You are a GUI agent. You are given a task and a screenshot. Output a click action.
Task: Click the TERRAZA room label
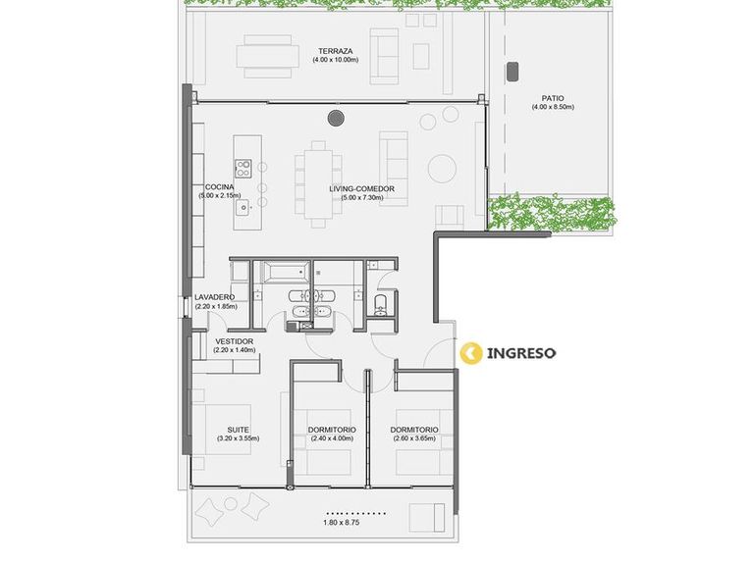335,51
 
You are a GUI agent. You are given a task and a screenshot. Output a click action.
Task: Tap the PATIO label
553,98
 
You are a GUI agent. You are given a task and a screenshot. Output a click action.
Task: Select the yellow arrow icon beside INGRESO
471,353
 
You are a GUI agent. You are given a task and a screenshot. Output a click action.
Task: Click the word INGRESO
521,353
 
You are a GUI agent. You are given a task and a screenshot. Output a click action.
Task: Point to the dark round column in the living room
336,118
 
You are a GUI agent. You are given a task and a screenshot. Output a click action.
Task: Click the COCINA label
219,187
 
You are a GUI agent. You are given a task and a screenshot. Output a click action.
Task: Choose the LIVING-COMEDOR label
361,188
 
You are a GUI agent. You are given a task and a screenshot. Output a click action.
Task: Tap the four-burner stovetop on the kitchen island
243,168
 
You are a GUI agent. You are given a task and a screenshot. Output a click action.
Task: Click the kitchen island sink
242,208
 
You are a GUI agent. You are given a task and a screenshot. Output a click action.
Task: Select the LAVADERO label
214,297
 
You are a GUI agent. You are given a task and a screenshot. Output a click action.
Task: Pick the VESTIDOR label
235,341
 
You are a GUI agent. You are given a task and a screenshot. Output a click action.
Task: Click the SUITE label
238,430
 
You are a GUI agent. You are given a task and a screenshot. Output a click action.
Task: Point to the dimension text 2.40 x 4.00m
332,438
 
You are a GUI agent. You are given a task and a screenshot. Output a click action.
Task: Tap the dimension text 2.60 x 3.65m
414,438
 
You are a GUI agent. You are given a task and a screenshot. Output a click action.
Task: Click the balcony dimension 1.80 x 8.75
342,522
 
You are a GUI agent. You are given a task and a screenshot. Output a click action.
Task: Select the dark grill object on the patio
512,71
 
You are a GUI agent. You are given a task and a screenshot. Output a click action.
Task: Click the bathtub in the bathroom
282,273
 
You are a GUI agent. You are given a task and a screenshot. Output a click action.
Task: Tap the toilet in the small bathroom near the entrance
380,304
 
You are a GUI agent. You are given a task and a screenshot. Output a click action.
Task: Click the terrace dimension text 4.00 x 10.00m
335,60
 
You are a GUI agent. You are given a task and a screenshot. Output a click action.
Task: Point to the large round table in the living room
442,169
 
